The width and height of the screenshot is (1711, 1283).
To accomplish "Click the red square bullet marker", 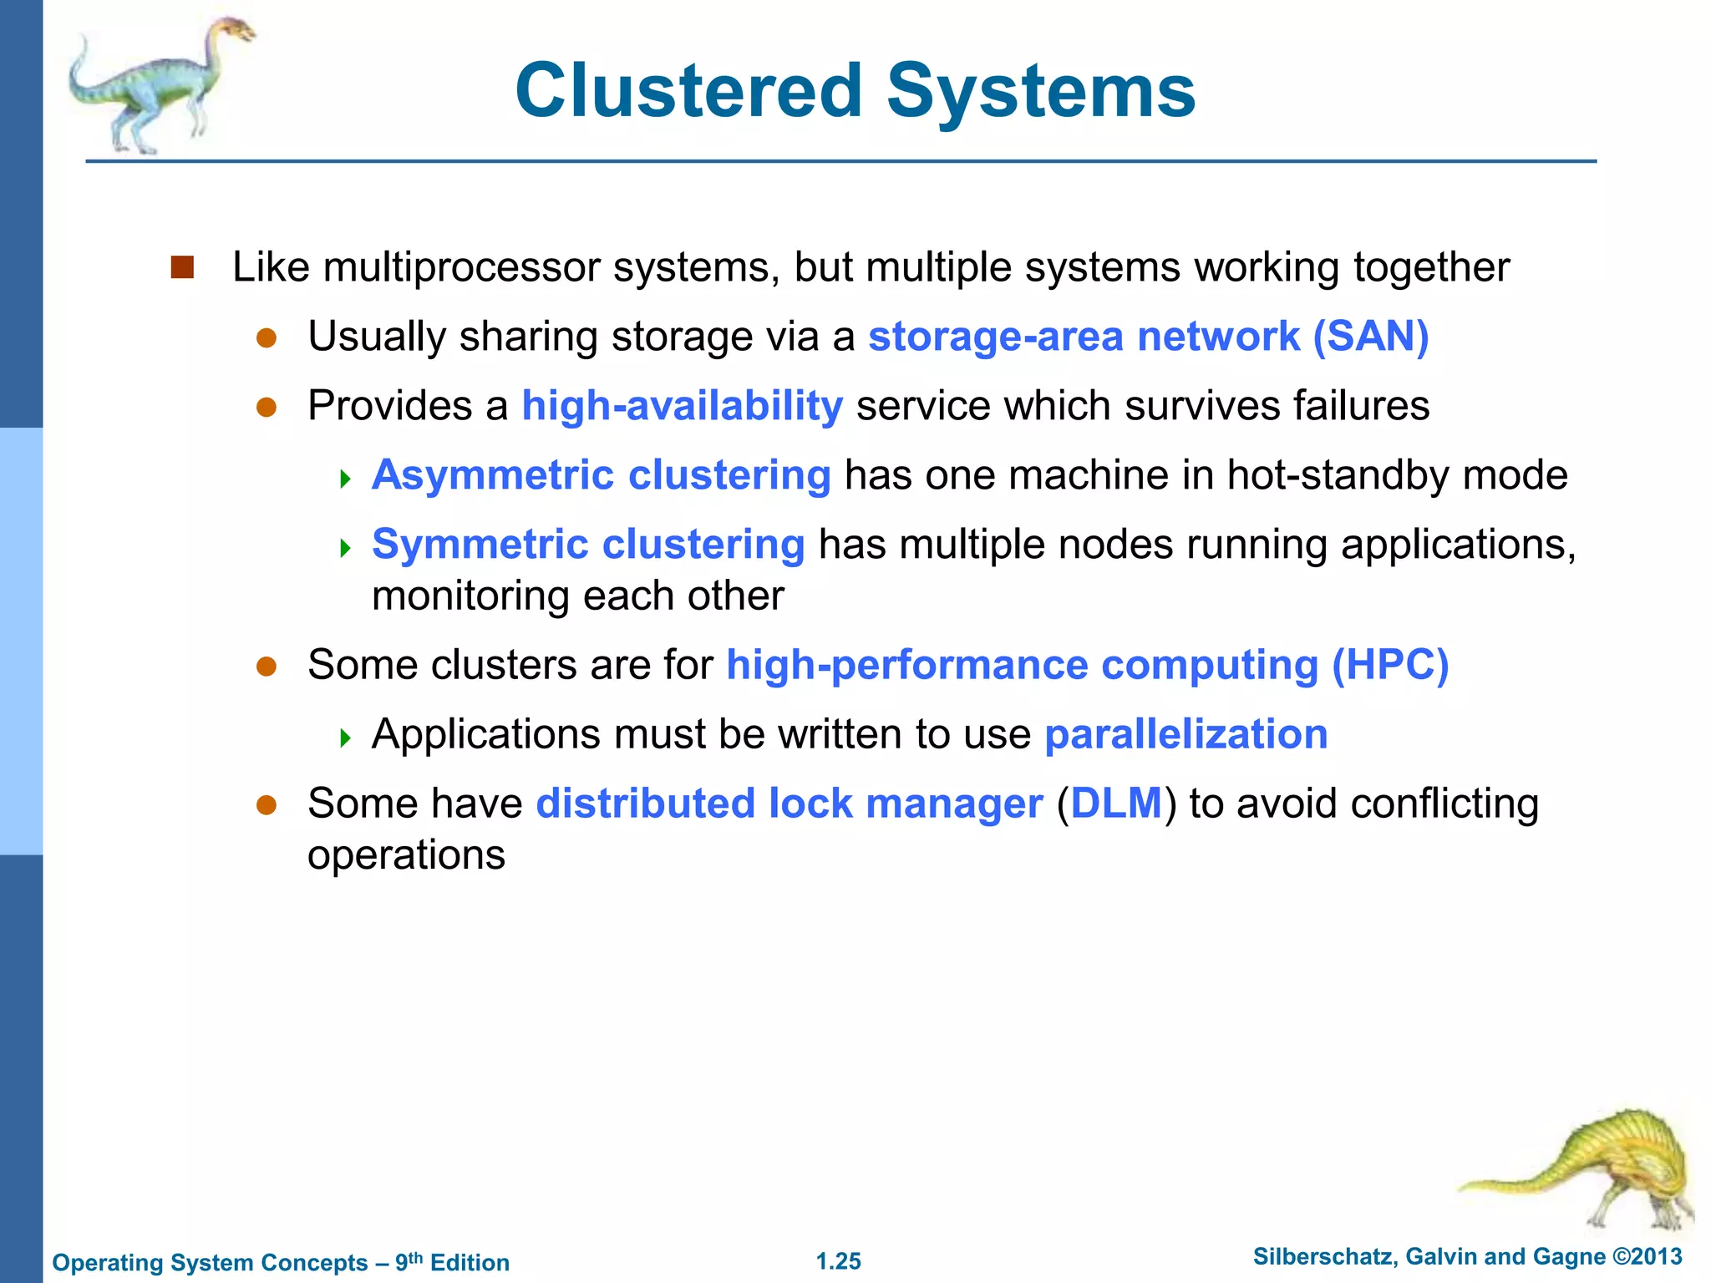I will [182, 267].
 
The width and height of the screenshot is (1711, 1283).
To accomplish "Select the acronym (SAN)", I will [1371, 337].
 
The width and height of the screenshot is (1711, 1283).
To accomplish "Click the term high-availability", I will [682, 406].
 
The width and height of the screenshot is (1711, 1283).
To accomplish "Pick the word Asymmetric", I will [493, 475].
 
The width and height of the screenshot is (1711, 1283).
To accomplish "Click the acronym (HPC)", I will [1390, 665].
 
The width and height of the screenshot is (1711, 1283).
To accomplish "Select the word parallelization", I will [1186, 734].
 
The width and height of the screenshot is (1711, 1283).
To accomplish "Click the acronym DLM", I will [1116, 804].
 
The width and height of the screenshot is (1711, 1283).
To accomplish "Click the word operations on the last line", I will [406, 855].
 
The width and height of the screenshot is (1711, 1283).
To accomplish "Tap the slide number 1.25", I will [838, 1261].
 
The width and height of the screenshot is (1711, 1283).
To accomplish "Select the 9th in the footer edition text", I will [409, 1260].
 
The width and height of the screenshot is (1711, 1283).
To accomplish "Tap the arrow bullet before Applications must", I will [345, 737].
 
